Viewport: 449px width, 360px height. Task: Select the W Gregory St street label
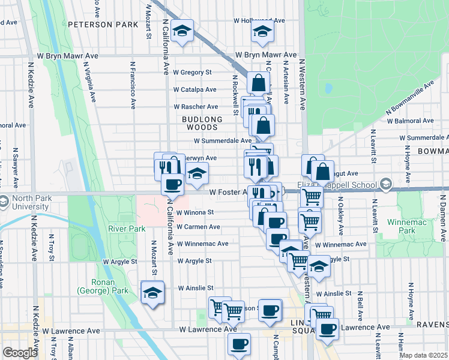pos(193,72)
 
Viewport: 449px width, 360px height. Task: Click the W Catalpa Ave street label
pos(194,89)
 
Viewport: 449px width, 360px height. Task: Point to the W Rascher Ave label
pos(194,106)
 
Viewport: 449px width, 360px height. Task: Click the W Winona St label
pos(194,212)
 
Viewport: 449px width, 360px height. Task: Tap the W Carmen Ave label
pos(197,227)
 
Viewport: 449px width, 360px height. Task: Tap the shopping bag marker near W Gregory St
pos(258,83)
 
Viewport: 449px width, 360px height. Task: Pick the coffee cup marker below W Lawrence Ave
pos(239,344)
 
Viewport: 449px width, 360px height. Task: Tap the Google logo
pos(19,353)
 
